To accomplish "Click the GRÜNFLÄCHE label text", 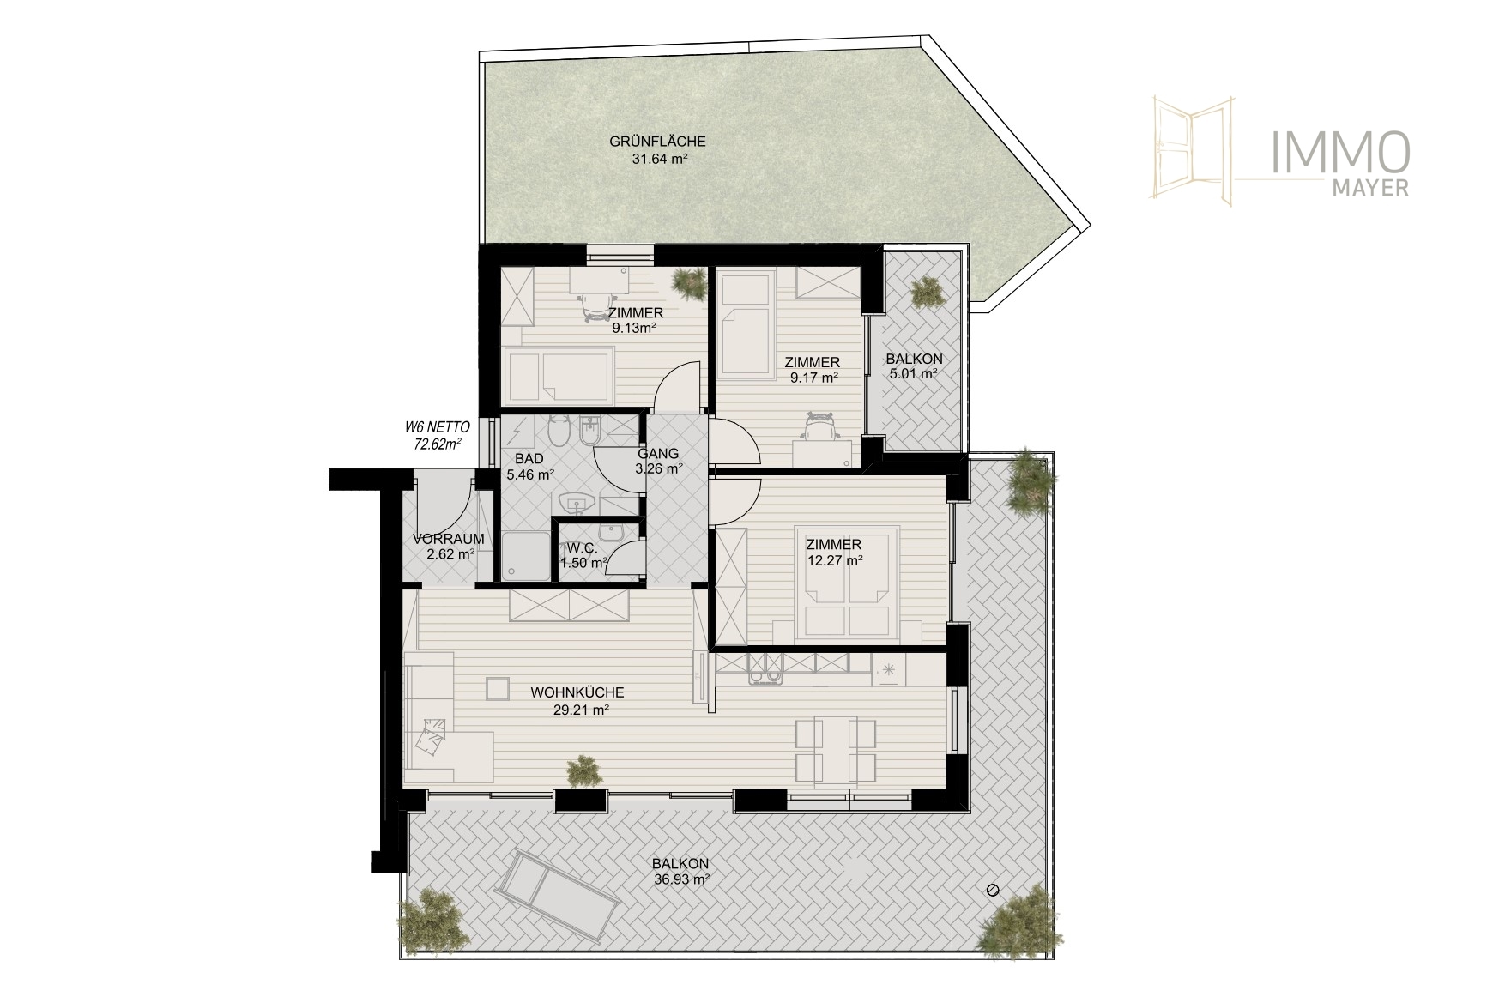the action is point(657,142).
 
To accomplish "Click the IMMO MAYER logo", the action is point(1281,152).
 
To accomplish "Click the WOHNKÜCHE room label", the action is point(577,692).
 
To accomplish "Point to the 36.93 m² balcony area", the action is point(680,879).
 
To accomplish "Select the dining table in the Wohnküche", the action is point(837,750).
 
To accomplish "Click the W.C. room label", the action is point(577,547).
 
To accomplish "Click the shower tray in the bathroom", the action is point(525,556).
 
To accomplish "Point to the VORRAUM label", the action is point(449,539).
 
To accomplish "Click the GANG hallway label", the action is point(658,454).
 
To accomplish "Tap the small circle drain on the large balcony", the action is point(994,889).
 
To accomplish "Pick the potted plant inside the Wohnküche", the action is point(584,771).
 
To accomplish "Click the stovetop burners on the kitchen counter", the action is point(766,678).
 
